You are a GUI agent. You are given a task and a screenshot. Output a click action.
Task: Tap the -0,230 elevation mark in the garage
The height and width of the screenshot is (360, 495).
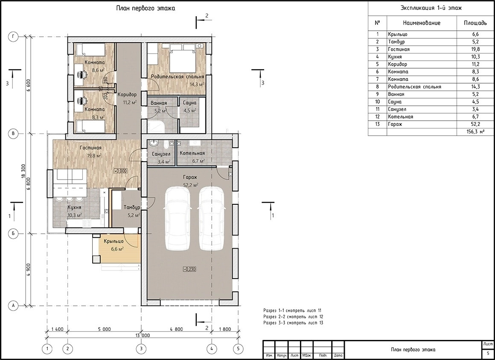tap(189, 269)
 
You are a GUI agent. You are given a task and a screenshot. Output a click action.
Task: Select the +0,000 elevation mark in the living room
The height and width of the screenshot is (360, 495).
tap(121, 171)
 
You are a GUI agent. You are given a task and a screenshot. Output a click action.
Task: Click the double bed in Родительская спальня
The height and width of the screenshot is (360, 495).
tap(183, 58)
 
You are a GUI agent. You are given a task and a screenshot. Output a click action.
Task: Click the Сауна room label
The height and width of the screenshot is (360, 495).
tap(189, 103)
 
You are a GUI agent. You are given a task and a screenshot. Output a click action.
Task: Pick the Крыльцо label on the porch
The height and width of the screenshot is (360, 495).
tap(114, 241)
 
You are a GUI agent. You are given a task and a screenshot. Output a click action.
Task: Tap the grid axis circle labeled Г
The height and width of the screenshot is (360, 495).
tap(13, 37)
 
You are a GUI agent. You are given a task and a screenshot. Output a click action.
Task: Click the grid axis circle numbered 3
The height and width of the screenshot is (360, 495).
tap(141, 348)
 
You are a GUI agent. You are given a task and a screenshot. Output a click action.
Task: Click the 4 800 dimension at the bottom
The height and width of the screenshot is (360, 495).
tap(176, 329)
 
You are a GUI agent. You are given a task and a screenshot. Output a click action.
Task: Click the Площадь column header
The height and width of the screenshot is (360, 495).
tap(475, 23)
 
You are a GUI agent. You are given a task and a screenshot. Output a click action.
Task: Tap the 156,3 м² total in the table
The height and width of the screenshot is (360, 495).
tap(475, 132)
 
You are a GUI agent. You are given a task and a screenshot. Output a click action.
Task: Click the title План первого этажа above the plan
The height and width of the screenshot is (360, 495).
tap(146, 8)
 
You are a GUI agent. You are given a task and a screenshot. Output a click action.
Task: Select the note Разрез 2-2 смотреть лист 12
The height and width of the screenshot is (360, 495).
tap(293, 317)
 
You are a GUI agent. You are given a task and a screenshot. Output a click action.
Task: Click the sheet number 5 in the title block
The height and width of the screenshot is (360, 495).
tap(488, 353)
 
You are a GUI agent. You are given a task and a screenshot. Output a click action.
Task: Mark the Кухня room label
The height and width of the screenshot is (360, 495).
tap(75, 208)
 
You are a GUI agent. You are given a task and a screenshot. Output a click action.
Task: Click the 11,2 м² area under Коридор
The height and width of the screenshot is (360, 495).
tap(130, 102)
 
